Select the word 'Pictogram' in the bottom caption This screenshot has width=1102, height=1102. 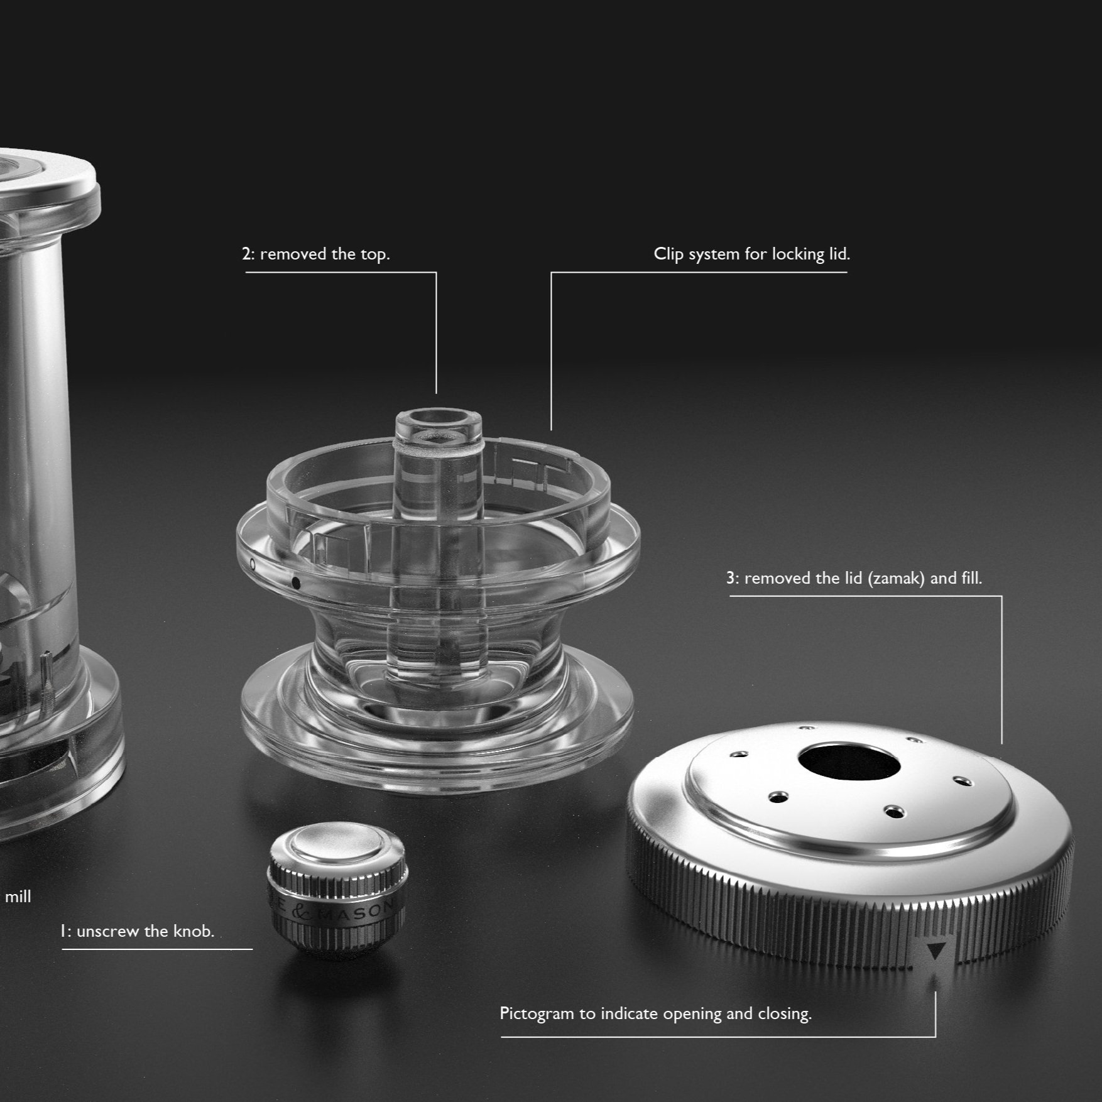coord(537,1013)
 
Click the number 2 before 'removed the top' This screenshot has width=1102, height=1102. coord(246,254)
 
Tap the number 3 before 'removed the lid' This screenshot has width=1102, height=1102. coord(731,578)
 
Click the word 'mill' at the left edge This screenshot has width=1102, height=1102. coord(18,897)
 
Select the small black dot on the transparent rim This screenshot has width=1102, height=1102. coord(296,584)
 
